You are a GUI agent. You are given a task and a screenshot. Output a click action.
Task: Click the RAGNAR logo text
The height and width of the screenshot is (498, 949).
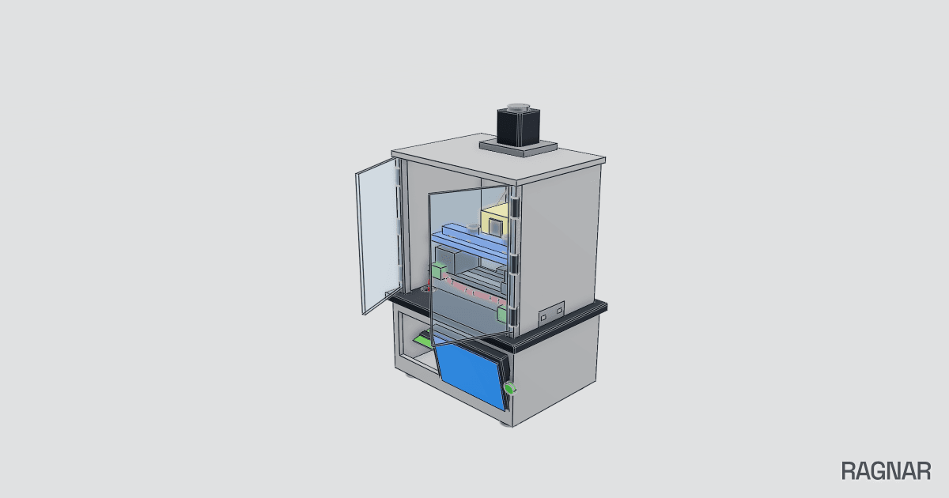pyautogui.click(x=886, y=471)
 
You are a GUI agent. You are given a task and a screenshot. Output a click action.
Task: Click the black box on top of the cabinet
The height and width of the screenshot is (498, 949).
pyautogui.click(x=518, y=126)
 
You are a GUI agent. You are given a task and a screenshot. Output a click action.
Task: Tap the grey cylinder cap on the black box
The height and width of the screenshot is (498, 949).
pyautogui.click(x=519, y=106)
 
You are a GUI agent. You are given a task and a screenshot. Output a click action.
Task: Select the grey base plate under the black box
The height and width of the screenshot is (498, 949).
pyautogui.click(x=518, y=149)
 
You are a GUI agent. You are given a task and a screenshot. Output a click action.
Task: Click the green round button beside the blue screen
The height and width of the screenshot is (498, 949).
pyautogui.click(x=509, y=388)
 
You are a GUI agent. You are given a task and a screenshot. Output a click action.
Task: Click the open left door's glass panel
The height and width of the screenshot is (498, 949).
pyautogui.click(x=379, y=236)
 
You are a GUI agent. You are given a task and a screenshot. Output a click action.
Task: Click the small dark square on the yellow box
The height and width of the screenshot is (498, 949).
pyautogui.click(x=495, y=226)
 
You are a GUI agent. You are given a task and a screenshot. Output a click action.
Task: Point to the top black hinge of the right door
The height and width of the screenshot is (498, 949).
pyautogui.click(x=515, y=208)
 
